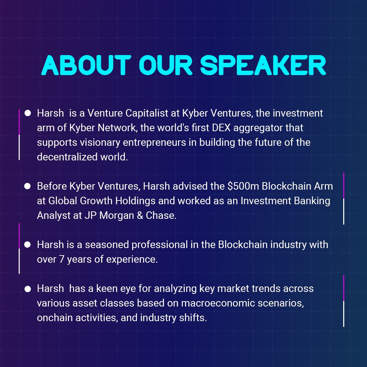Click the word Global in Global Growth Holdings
pos(63,201)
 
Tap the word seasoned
pos(102,245)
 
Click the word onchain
pos(56,318)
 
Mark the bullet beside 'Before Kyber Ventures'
pos(28,186)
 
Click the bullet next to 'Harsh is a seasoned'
pos(28,245)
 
